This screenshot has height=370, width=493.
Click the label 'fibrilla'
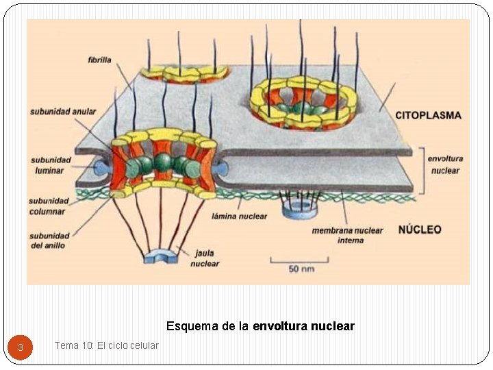coord(100,60)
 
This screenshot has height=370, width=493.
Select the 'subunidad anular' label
coord(63,111)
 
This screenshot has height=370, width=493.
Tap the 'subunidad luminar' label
coord(50,165)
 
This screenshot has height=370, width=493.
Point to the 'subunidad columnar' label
coord(49,206)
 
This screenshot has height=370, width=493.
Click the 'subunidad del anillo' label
coord(49,241)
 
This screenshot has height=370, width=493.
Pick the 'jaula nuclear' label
coord(205,258)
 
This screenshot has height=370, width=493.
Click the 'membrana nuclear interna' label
coord(347,235)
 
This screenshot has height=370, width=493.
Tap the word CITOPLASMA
coord(429,116)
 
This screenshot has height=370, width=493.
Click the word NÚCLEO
coord(420,230)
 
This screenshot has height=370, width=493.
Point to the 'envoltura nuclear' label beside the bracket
coord(445,164)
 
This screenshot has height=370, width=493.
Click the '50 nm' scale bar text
coord(301,269)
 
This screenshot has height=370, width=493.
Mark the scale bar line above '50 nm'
coord(299,260)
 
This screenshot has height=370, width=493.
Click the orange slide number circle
coord(21,347)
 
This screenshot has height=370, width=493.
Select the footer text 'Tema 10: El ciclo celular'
coord(106,345)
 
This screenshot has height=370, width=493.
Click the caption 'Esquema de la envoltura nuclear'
coord(260,326)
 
